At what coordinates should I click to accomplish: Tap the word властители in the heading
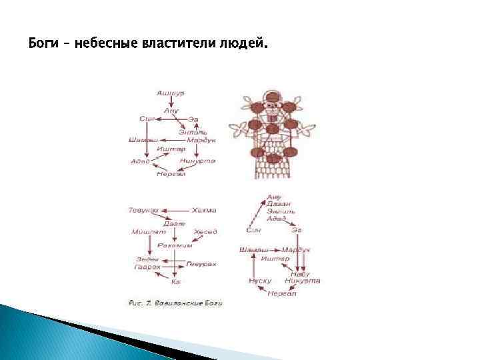(x=171, y=45)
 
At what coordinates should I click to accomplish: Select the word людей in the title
(x=245, y=45)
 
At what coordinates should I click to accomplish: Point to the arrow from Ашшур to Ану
(x=171, y=101)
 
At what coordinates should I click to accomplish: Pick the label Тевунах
(x=143, y=211)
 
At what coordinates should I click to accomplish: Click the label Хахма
(x=204, y=211)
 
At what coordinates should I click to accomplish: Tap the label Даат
(x=174, y=223)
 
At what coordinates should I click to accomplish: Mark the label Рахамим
(x=175, y=245)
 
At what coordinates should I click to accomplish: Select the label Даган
(x=275, y=203)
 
